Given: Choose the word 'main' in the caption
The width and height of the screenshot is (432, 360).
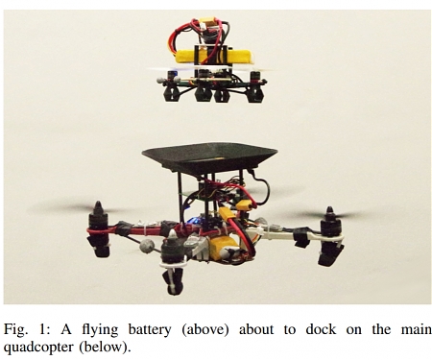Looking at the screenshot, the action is click(x=413, y=329).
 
